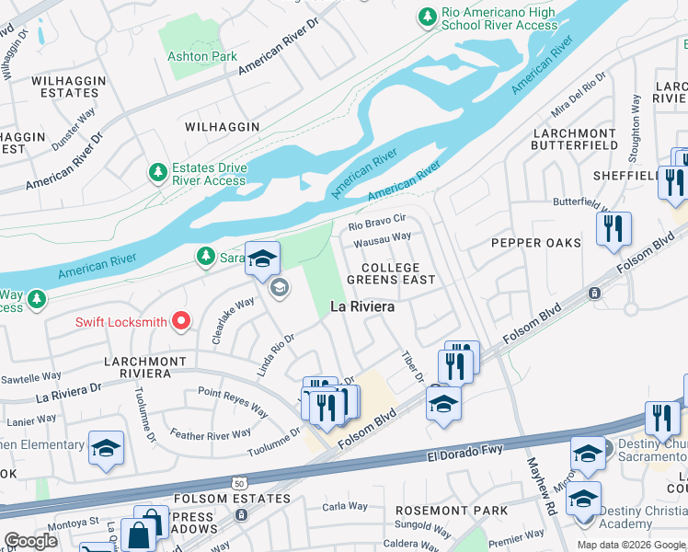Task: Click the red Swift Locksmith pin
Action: pyautogui.click(x=182, y=321)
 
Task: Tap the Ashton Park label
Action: pyautogui.click(x=201, y=56)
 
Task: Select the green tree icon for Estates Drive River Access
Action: pyautogui.click(x=157, y=171)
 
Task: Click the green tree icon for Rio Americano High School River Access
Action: pyautogui.click(x=427, y=17)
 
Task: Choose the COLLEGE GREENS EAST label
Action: pyautogui.click(x=391, y=273)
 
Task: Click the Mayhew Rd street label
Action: pyautogui.click(x=542, y=489)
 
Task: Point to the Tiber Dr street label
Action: pyautogui.click(x=411, y=365)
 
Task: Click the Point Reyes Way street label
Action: pyautogui.click(x=233, y=402)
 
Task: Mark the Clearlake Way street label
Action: pyautogui.click(x=233, y=320)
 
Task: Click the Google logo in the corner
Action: pyautogui.click(x=30, y=541)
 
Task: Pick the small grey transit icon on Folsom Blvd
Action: pyautogui.click(x=594, y=293)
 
